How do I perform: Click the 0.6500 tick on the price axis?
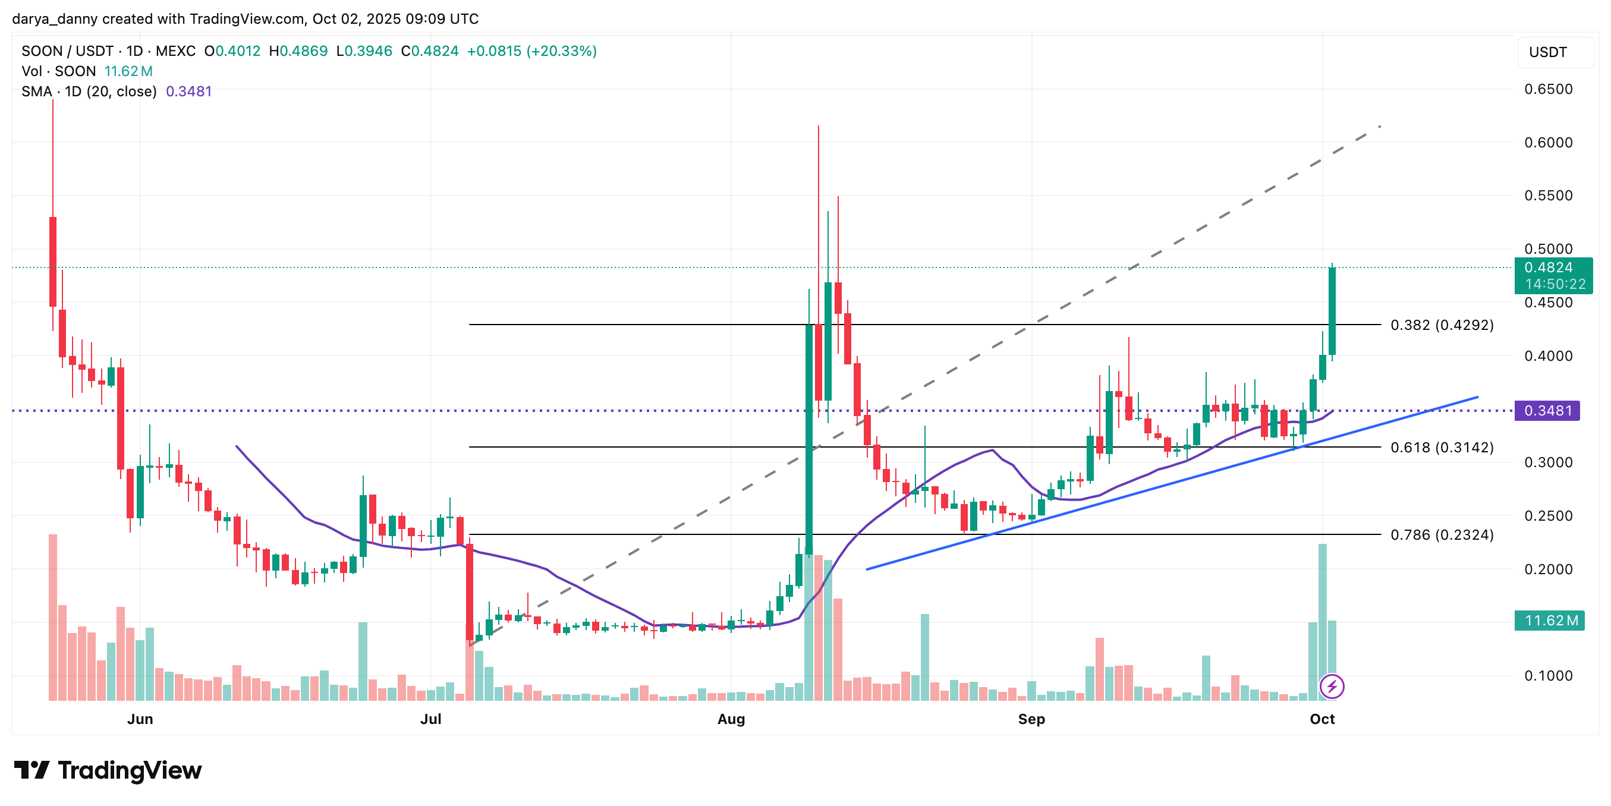click(1548, 89)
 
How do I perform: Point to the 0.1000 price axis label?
click(1548, 675)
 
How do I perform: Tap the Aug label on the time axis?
click(731, 719)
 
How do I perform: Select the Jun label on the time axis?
click(140, 719)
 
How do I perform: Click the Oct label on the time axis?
click(1322, 719)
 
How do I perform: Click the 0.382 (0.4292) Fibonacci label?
click(1442, 325)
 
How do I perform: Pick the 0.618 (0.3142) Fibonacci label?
click(1442, 448)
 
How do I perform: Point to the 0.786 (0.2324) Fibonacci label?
click(1442, 535)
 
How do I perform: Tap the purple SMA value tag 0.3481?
click(1547, 411)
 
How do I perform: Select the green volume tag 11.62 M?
click(1549, 621)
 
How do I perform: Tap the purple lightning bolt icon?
click(1332, 687)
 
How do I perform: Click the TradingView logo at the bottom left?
click(108, 770)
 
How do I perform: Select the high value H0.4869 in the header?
click(298, 51)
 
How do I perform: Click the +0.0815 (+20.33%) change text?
click(531, 51)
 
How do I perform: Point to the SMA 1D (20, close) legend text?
click(89, 92)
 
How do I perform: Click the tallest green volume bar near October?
click(1322, 622)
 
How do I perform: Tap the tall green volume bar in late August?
click(924, 657)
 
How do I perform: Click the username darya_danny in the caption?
click(55, 19)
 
